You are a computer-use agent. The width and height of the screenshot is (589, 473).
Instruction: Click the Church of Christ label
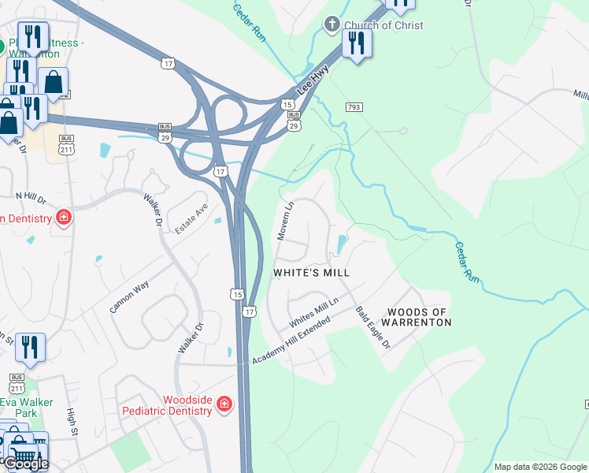click(383, 25)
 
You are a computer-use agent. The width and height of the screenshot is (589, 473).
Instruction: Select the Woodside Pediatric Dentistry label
click(167, 405)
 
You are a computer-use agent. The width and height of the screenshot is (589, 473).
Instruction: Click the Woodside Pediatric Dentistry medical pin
click(224, 404)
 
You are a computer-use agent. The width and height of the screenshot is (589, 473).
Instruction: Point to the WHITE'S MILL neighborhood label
click(311, 272)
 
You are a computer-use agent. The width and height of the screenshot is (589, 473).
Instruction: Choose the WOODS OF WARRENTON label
click(417, 318)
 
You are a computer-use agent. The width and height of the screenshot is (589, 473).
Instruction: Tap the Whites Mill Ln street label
click(313, 313)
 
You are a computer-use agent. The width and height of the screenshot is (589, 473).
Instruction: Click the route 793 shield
click(354, 106)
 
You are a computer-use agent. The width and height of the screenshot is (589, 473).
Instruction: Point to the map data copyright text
click(540, 467)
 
